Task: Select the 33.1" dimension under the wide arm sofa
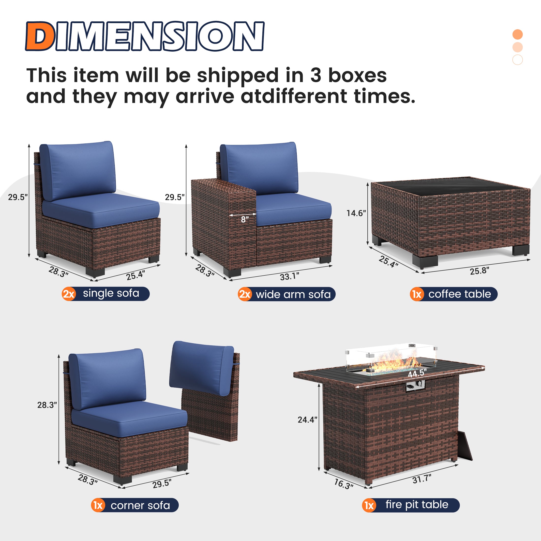[289, 277]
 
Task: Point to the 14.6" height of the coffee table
[356, 213]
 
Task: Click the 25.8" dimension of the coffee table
[479, 271]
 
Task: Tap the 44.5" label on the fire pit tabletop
[417, 373]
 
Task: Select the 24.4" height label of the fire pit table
[307, 420]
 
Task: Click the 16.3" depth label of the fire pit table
[344, 484]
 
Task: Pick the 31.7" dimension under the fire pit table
[422, 479]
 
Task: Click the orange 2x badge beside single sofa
[69, 294]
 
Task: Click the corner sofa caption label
[140, 505]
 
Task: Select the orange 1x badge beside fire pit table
[369, 505]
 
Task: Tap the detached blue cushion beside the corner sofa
[200, 368]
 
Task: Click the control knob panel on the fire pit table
[415, 386]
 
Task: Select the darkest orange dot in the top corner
[517, 34]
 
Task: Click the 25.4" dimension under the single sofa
[135, 275]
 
